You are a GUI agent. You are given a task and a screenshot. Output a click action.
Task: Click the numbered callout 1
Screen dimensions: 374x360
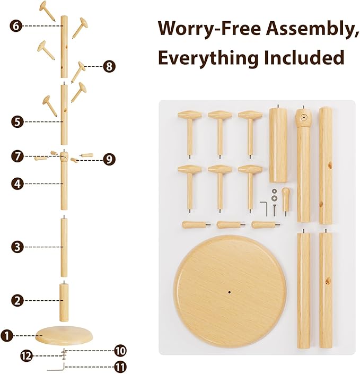click(x=7, y=335)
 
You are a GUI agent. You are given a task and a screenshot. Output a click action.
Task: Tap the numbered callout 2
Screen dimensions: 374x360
click(x=17, y=300)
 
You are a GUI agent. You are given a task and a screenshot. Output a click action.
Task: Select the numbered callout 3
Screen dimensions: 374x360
click(x=17, y=247)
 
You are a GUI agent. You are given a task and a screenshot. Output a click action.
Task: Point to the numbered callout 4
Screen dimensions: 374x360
click(x=17, y=184)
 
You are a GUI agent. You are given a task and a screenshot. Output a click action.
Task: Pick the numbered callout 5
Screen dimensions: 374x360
click(x=17, y=121)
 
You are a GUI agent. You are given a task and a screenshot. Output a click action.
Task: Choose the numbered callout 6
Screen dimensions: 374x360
click(x=17, y=25)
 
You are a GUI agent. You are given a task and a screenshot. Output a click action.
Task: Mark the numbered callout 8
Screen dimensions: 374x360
click(x=109, y=66)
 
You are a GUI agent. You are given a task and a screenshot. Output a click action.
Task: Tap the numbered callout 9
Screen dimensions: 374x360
click(x=109, y=159)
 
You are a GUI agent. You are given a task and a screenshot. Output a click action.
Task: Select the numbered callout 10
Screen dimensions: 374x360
click(x=120, y=350)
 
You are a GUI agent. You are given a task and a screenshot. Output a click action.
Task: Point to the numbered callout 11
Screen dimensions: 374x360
click(x=120, y=367)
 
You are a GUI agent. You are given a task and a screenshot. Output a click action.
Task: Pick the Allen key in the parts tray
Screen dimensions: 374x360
click(x=264, y=205)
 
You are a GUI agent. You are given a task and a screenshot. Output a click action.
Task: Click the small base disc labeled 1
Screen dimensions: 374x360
click(x=63, y=334)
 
